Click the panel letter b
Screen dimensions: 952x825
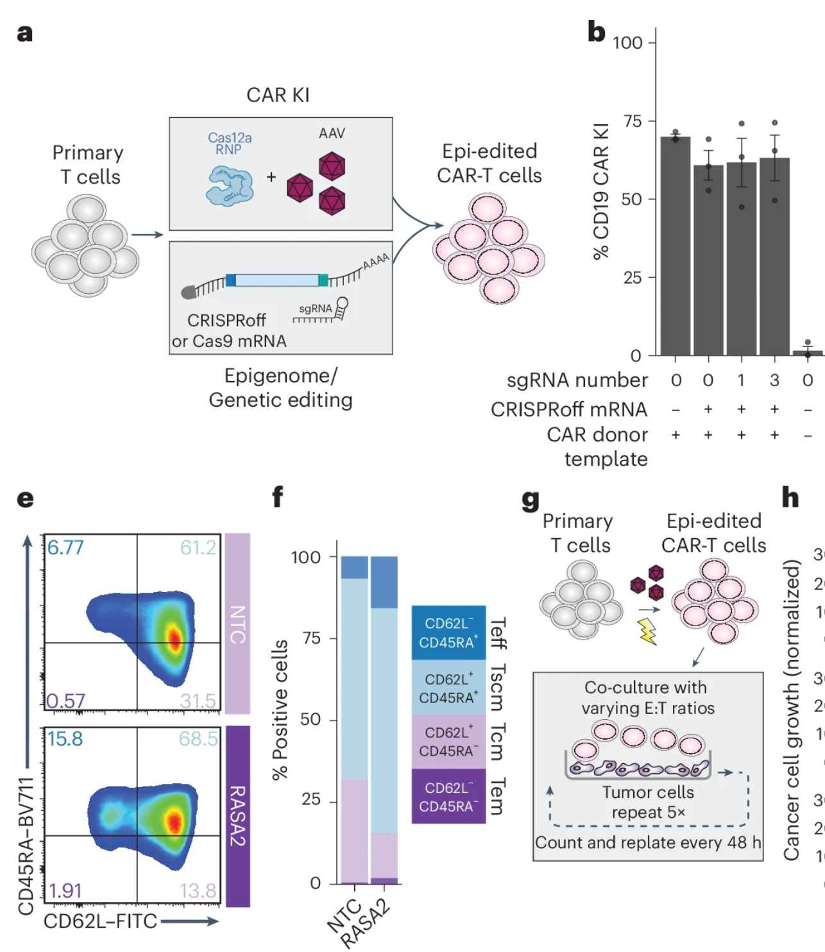click(596, 31)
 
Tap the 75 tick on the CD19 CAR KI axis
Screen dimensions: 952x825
click(632, 121)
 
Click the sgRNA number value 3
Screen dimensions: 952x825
click(774, 380)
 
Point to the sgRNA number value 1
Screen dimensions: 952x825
click(741, 380)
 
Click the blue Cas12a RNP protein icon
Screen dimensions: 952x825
click(229, 185)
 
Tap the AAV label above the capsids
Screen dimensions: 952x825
click(332, 133)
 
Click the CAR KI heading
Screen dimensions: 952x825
click(278, 95)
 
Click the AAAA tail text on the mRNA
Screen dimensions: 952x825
click(376, 261)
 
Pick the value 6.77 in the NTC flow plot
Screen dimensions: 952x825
click(65, 547)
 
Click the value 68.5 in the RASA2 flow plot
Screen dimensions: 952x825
click(198, 738)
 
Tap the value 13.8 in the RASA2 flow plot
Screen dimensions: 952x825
click(198, 890)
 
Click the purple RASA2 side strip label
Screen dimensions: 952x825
click(237, 816)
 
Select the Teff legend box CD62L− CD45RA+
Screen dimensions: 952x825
click(448, 633)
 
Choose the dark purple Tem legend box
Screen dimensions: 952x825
click(448, 797)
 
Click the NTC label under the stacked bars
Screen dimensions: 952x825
click(344, 915)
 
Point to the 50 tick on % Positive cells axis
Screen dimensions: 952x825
click(310, 720)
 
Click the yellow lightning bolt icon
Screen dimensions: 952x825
click(648, 631)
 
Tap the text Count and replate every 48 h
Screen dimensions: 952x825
click(648, 842)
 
